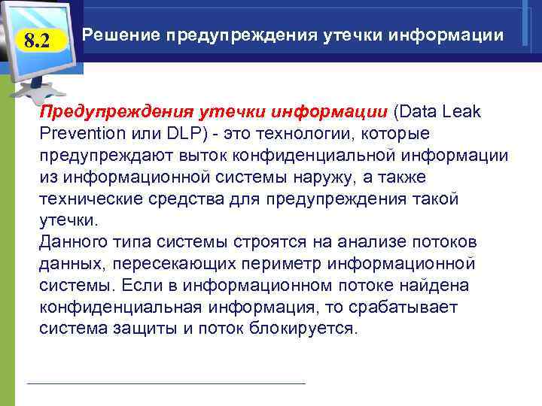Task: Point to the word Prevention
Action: click(x=81, y=134)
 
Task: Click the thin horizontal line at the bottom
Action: click(x=166, y=384)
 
